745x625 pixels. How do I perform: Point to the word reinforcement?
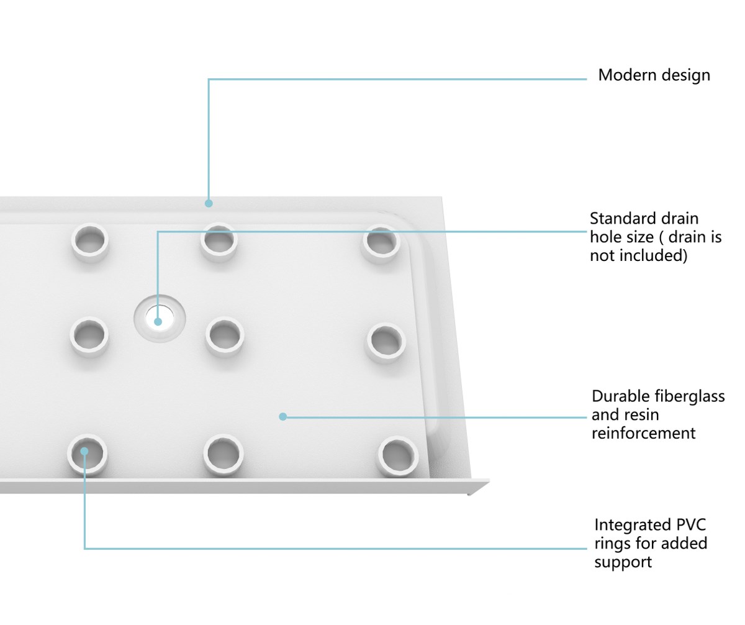pyautogui.click(x=643, y=433)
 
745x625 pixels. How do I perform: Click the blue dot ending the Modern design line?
pyautogui.click(x=209, y=204)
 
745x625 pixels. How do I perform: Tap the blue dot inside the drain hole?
pyautogui.click(x=158, y=322)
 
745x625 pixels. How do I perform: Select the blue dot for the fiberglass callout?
pyautogui.click(x=283, y=416)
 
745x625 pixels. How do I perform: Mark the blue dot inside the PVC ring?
pyautogui.click(x=84, y=452)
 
